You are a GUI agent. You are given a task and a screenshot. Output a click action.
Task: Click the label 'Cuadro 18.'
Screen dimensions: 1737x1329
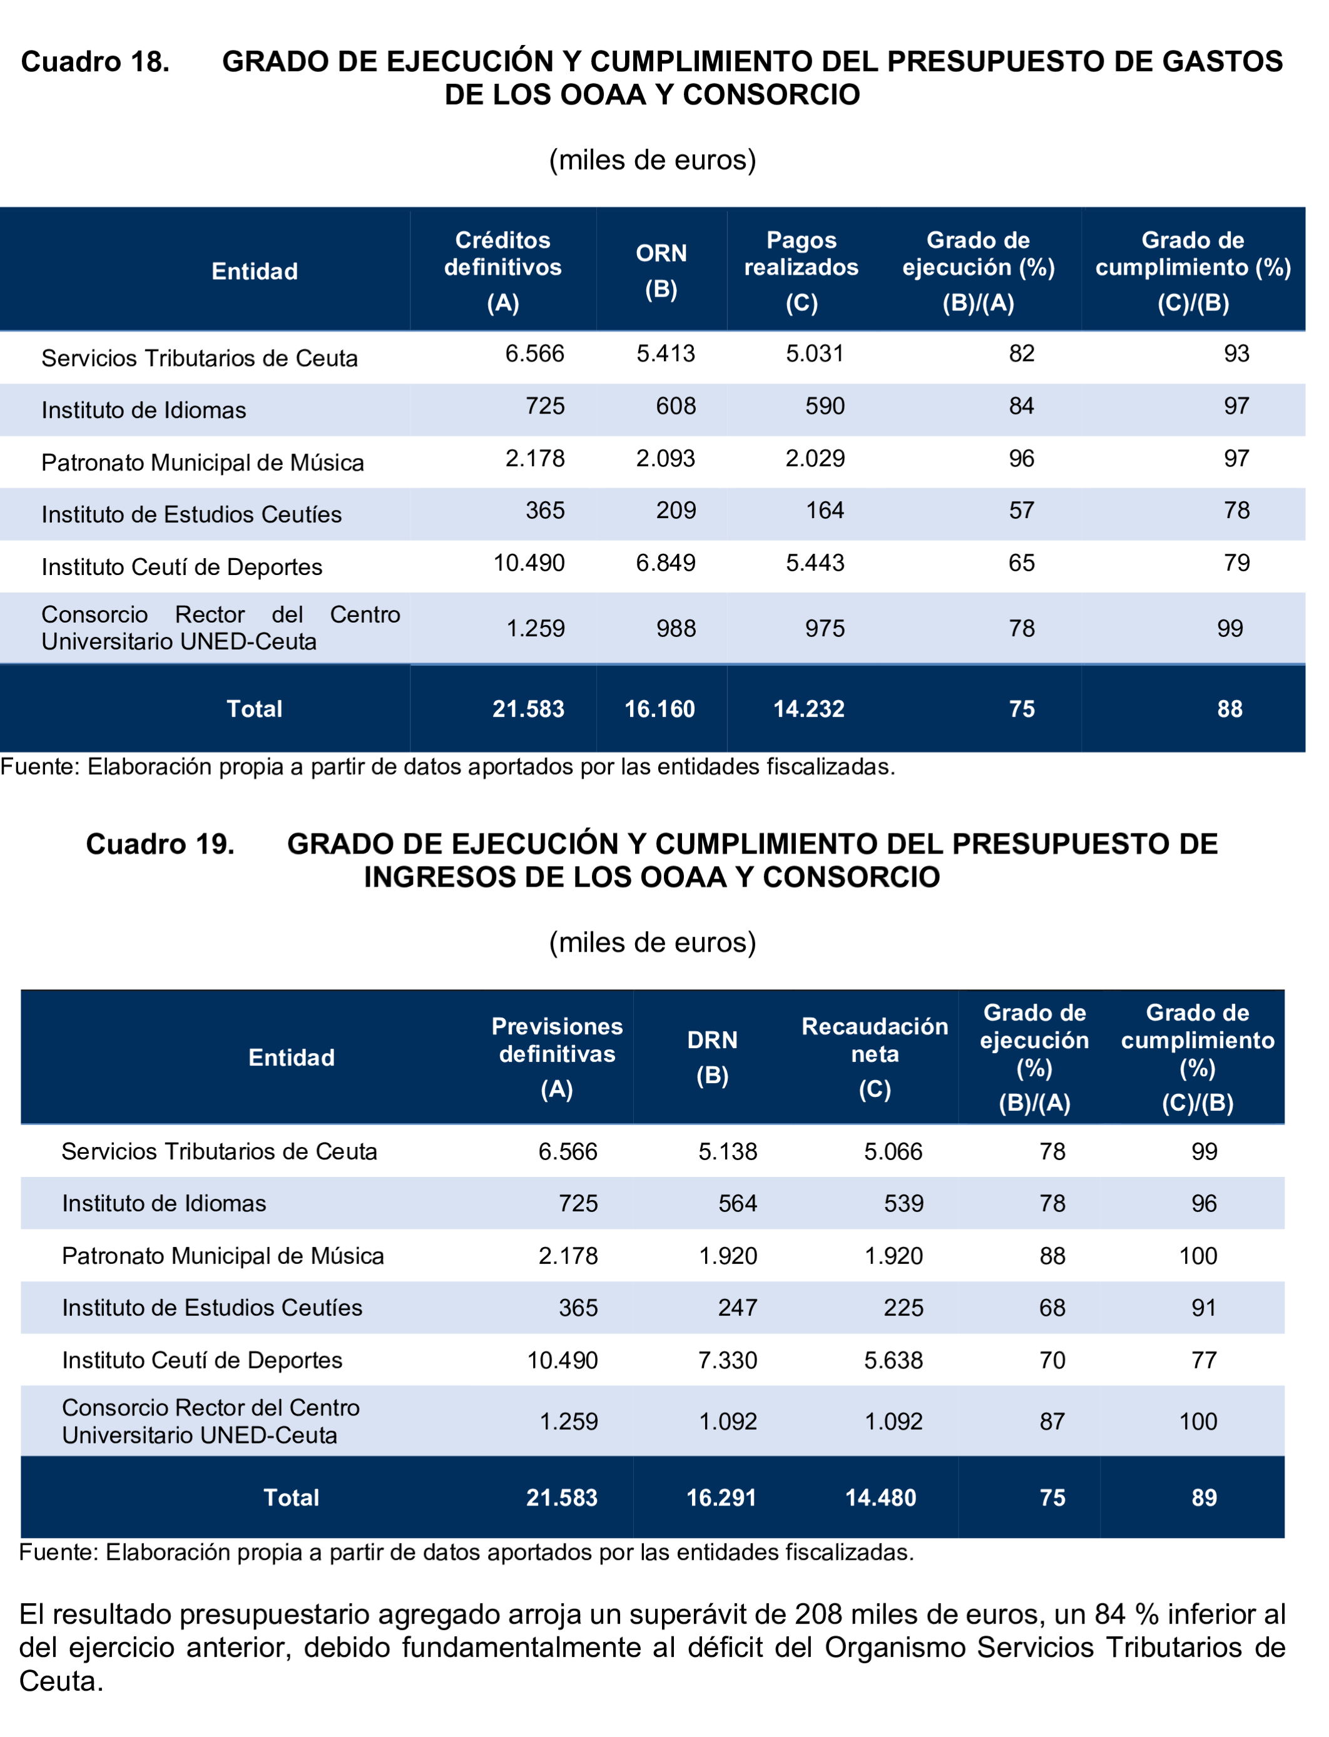coord(95,62)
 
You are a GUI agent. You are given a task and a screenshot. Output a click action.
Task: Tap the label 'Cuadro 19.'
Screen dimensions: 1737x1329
coord(160,844)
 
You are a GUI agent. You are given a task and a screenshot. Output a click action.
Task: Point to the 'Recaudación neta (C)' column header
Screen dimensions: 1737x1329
coord(874,1057)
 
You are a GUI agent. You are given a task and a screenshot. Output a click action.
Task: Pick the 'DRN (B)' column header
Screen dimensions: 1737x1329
coord(712,1057)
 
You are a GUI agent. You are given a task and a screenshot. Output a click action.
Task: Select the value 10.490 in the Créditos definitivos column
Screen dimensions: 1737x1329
coord(529,563)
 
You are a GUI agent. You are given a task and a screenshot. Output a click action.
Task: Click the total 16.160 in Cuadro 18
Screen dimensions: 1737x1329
coord(659,709)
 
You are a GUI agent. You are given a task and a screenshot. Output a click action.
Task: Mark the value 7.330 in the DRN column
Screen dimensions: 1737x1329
coord(727,1360)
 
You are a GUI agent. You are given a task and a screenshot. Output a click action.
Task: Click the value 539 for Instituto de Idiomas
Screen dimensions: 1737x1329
coord(904,1203)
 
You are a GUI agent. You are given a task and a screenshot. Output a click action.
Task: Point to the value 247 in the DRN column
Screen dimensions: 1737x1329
coord(737,1308)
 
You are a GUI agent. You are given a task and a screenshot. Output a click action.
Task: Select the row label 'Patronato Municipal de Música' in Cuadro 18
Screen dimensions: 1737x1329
coord(203,463)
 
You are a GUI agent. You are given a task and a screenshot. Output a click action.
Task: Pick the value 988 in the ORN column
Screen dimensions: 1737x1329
coord(676,629)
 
